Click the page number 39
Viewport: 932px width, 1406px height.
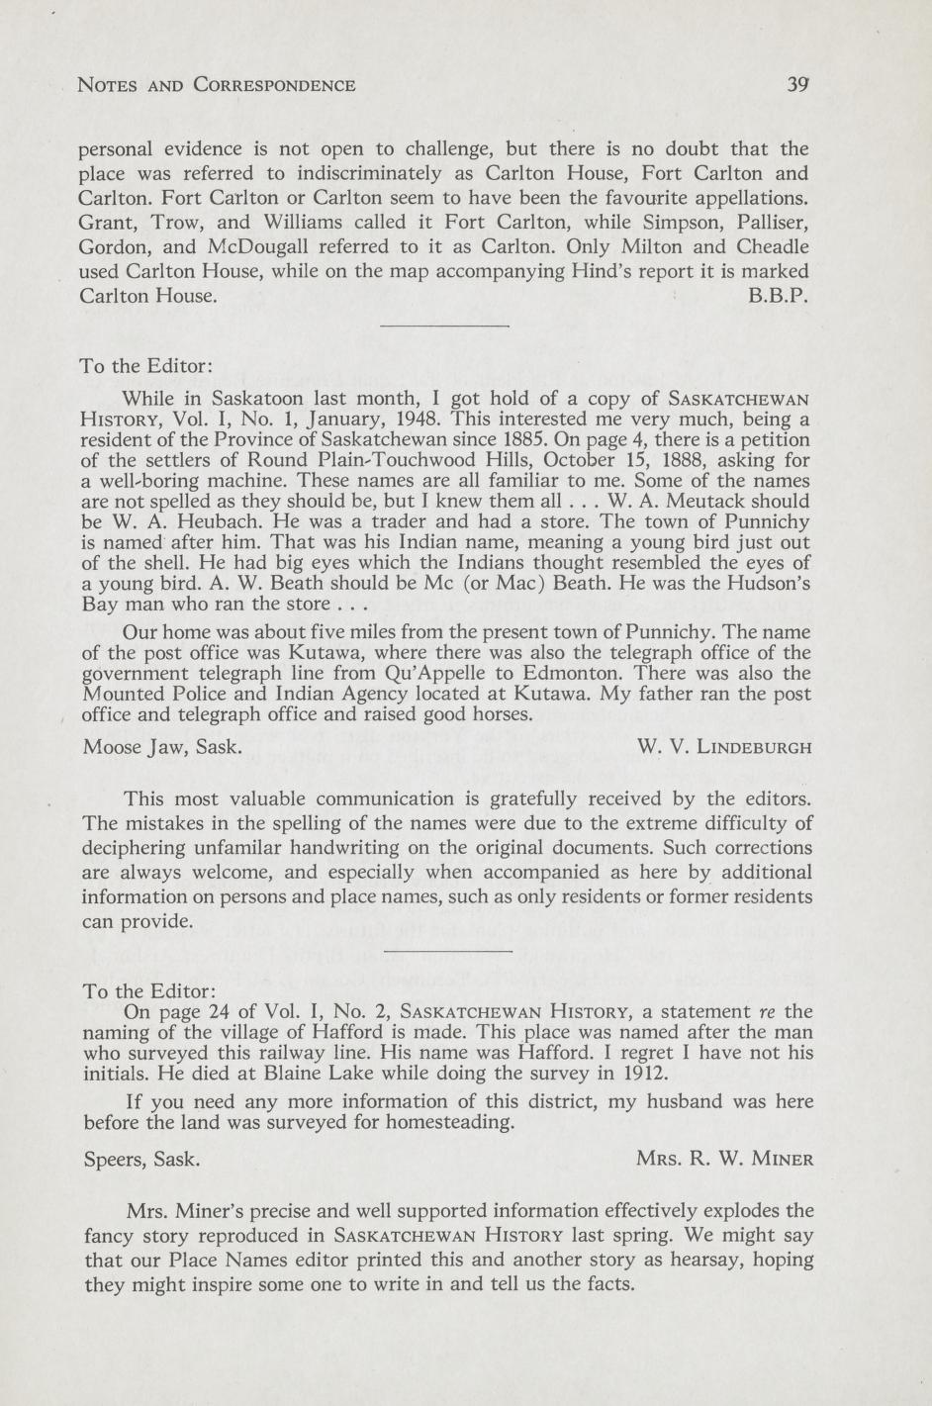pos(799,85)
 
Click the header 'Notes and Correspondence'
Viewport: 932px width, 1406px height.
pos(217,85)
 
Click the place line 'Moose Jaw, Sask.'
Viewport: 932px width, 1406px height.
pos(163,746)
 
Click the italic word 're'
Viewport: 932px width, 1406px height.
pos(765,1012)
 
